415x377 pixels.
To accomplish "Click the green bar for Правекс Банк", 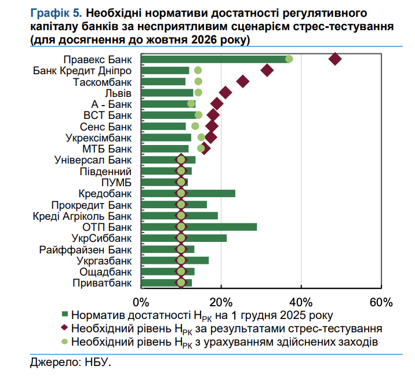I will (214, 59).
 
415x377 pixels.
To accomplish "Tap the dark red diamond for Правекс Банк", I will (335, 59).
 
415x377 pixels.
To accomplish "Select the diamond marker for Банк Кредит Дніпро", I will (267, 70).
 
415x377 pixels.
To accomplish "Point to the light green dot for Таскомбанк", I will (198, 81).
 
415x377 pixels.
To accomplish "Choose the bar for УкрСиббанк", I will (183, 238).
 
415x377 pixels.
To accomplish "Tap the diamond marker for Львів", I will (225, 93).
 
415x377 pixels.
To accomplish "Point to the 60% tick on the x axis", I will (381, 302).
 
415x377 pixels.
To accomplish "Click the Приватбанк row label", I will (103, 283).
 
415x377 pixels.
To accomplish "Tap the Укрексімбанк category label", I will (99, 137).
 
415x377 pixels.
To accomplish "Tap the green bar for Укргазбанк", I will (174, 260).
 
